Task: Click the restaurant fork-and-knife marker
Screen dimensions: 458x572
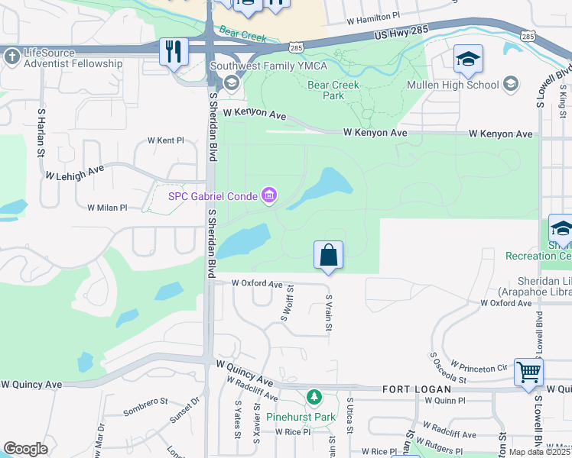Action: pos(174,52)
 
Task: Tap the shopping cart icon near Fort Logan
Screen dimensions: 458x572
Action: pos(528,373)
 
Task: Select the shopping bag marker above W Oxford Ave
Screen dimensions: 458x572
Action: pos(328,255)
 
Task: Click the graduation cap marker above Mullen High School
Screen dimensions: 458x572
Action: pos(467,60)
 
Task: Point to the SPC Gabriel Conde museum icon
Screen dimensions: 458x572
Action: pos(268,197)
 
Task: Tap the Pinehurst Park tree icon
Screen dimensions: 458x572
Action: pos(314,398)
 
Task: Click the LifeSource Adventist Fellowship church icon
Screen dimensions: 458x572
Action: pos(11,56)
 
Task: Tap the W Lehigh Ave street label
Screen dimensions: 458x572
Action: pos(74,175)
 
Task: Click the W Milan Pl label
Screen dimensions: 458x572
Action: pos(107,208)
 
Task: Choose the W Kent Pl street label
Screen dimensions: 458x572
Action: pos(166,140)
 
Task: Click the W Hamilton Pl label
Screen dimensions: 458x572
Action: pos(373,16)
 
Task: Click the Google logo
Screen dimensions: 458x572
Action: pos(25,449)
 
